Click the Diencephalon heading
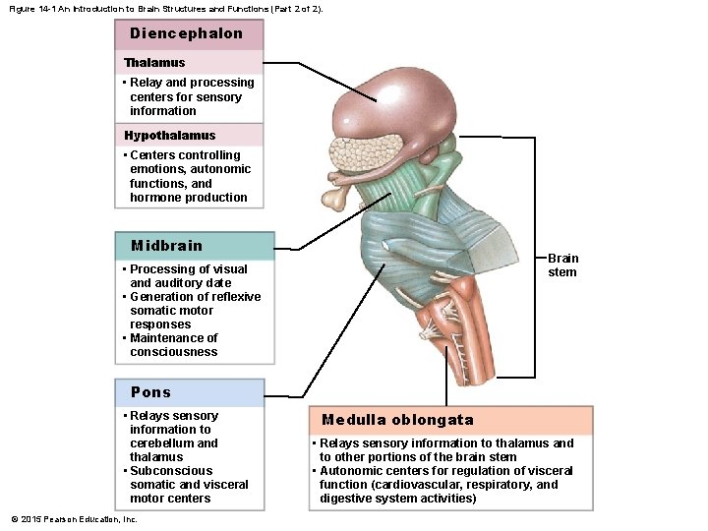(x=186, y=33)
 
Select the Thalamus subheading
(x=154, y=63)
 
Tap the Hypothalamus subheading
(x=169, y=136)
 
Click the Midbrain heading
(x=166, y=246)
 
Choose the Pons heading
(x=150, y=392)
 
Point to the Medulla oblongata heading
(x=397, y=420)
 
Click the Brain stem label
(x=562, y=265)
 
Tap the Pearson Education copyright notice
(x=75, y=519)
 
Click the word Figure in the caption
(x=23, y=8)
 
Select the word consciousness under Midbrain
(x=173, y=352)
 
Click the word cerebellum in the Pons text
(x=159, y=443)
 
